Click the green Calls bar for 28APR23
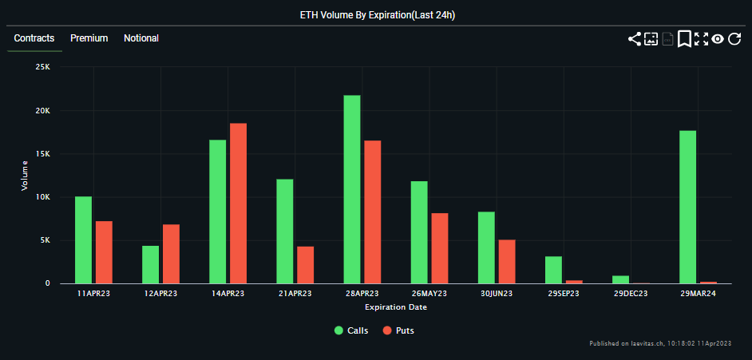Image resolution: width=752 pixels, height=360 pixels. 352,189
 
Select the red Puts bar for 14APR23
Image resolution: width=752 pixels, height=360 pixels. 238,204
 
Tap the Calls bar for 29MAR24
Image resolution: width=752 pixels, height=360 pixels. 687,207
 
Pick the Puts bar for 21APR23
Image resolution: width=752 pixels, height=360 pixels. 305,265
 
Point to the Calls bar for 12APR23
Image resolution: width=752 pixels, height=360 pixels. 150,264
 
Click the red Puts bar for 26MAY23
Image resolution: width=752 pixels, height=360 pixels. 440,248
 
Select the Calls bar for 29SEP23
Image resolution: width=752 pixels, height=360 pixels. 553,270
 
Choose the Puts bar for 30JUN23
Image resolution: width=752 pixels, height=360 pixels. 507,261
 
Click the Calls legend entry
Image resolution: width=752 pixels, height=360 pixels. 351,330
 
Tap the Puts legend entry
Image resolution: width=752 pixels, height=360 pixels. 398,330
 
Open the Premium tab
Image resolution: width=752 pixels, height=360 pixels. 89,38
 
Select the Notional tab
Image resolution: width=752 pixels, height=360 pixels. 141,38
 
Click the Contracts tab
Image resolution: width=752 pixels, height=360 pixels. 34,38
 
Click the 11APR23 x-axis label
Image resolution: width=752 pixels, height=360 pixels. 93,294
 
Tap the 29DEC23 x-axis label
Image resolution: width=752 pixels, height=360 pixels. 631,294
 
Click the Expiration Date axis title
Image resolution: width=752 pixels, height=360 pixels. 396,307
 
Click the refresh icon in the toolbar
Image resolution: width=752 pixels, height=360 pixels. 735,38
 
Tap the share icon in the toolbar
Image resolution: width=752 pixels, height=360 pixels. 635,38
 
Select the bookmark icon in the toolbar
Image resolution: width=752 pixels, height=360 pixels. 684,38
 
